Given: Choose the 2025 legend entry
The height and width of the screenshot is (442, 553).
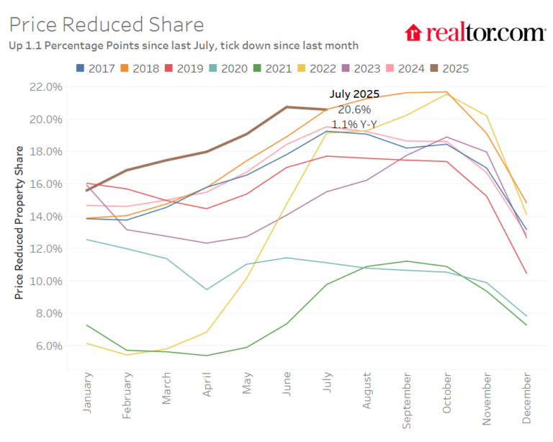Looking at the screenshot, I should point(448,68).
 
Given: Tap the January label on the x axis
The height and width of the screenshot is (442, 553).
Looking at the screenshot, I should point(88,393).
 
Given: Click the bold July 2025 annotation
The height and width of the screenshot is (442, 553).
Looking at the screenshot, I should point(354,94).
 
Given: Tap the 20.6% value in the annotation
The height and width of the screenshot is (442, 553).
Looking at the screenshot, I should point(354,109).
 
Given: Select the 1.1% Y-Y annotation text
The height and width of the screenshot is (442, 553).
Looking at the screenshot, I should point(354,124).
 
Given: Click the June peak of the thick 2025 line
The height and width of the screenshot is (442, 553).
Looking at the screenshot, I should point(287,107).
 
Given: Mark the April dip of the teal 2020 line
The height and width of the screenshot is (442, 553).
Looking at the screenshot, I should point(207,289).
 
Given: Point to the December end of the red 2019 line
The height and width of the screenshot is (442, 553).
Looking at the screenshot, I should point(526,274).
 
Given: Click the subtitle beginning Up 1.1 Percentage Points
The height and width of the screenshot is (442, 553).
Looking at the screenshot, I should point(184,45).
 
